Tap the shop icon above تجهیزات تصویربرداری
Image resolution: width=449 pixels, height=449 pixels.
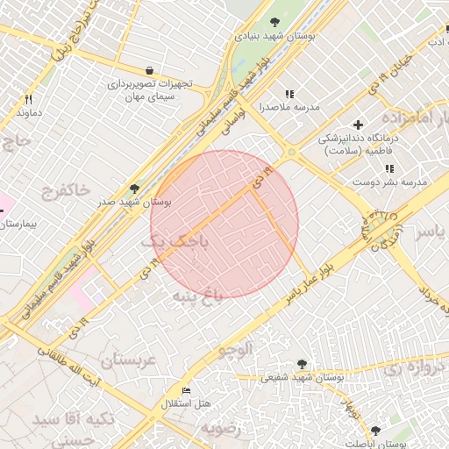149,70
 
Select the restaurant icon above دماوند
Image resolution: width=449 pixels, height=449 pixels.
28,99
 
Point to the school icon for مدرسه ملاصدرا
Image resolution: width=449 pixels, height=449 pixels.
289,94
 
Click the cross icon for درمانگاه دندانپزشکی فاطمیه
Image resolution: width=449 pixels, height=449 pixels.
357,125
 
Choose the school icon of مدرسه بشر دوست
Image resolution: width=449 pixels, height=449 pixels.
389,168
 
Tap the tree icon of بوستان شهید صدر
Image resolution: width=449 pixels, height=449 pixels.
133,189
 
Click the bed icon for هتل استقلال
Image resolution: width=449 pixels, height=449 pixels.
185,390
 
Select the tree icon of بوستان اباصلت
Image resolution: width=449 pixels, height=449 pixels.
375,431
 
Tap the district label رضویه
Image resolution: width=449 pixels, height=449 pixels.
221,428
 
